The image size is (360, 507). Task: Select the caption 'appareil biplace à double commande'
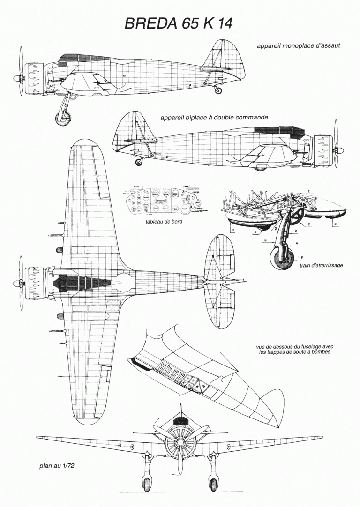point(214,118)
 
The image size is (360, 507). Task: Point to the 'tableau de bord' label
point(164,222)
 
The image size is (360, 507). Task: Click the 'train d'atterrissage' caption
point(321,265)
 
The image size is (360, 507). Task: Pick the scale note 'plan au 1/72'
point(57,466)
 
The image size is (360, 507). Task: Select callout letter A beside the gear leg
point(297,243)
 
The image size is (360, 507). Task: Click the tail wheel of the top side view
point(218,89)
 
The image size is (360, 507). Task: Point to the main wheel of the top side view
point(63,118)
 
